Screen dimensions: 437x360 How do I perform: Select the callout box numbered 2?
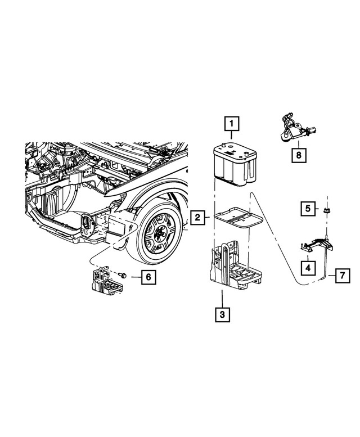[197, 217]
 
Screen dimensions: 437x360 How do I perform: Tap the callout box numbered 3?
[222, 314]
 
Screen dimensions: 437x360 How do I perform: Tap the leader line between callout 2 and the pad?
[208, 217]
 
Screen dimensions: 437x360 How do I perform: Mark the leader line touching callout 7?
[329, 276]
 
